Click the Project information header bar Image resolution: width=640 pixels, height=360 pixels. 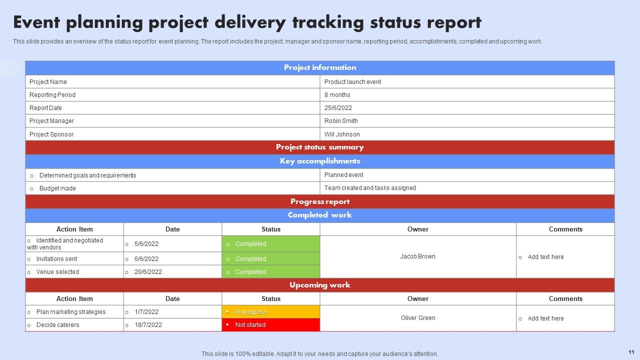[x=320, y=67]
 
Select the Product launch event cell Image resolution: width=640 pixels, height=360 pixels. [x=352, y=82]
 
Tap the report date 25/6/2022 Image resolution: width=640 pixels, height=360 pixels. [x=338, y=108]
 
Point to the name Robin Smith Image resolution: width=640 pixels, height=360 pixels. [x=341, y=121]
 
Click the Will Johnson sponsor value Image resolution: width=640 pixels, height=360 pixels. [x=342, y=134]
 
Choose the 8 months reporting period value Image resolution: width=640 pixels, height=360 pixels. [x=337, y=95]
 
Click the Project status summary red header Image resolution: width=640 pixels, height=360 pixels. [x=320, y=147]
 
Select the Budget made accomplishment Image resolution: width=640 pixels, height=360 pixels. [x=57, y=188]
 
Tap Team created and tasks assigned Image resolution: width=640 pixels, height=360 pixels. [x=370, y=188]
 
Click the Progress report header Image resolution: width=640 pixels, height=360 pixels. [x=320, y=201]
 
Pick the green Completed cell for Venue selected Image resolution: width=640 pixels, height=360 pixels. [x=270, y=272]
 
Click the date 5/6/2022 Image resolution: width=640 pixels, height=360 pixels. [x=146, y=244]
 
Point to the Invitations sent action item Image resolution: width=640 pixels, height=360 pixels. [x=56, y=259]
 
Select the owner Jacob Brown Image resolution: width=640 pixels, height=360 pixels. [x=417, y=256]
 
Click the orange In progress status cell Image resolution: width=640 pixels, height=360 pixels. [x=270, y=312]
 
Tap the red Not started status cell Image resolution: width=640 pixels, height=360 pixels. [x=270, y=325]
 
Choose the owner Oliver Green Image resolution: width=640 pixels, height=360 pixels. [x=417, y=318]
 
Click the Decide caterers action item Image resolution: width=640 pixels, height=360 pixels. [x=57, y=325]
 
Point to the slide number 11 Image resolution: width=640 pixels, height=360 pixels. [x=631, y=352]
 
